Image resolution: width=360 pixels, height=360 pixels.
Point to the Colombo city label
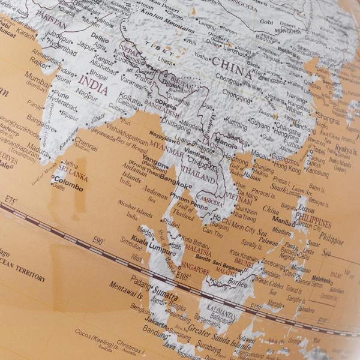[x=67, y=178]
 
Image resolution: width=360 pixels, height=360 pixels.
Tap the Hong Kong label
[x=287, y=170]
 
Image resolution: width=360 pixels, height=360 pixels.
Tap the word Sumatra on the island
[x=166, y=296]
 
